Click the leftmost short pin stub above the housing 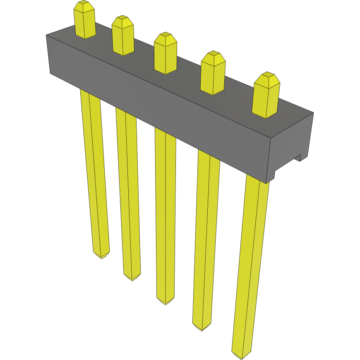coord(84,21)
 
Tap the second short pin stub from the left coord(123,36)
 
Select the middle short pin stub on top coord(166,54)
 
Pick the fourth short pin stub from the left coord(213,74)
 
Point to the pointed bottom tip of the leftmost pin coord(101,256)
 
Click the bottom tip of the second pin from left coord(132,278)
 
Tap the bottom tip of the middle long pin coord(166,302)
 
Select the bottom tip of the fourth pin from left coord(202,328)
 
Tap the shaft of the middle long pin coord(165,215)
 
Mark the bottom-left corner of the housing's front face coord(50,74)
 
